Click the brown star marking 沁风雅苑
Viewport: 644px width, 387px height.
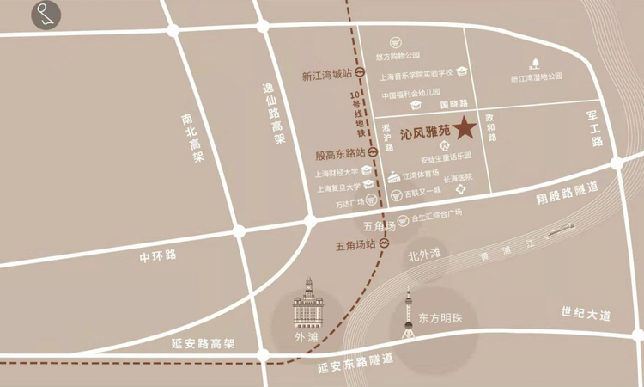click(x=465, y=129)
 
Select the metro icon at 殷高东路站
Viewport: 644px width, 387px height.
click(x=374, y=152)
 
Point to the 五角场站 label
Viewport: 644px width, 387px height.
click(x=355, y=245)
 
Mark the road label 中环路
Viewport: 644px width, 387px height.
click(x=158, y=255)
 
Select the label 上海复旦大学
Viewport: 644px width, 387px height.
click(x=337, y=187)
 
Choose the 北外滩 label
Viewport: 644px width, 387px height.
click(x=423, y=254)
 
